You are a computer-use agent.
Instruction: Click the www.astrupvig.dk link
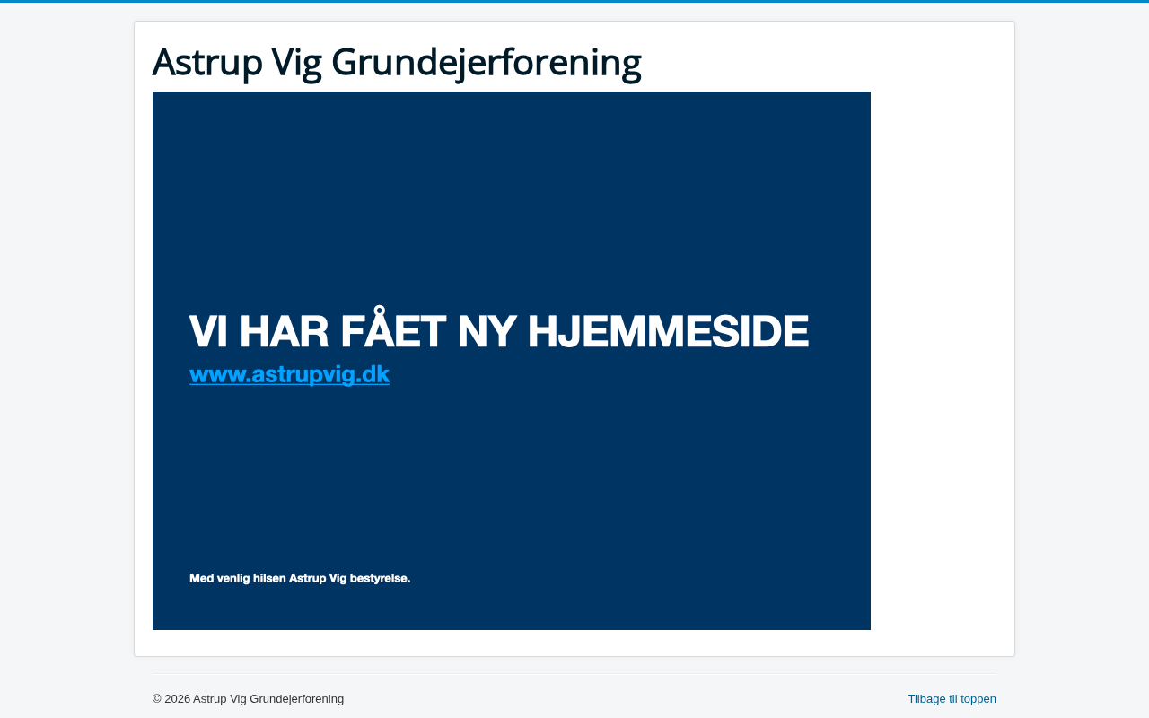point(289,374)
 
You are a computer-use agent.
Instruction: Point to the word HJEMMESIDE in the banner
point(669,331)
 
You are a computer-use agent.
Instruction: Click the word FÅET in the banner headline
point(393,328)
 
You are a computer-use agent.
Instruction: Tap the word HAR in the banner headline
point(285,331)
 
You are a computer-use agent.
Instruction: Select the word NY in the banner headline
point(487,331)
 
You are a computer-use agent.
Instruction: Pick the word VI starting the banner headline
point(208,331)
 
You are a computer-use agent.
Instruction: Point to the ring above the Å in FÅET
point(379,311)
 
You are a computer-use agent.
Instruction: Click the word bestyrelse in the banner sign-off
point(380,579)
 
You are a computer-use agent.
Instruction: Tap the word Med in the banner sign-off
point(202,579)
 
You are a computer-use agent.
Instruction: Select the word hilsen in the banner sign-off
point(269,579)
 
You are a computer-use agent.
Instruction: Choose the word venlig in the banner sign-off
point(233,579)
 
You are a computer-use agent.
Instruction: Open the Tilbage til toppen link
point(952,699)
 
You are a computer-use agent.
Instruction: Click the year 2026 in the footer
point(177,699)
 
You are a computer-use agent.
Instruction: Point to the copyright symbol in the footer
point(157,699)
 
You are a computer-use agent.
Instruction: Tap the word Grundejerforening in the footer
point(296,699)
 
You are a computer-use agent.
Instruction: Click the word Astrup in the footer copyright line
point(210,699)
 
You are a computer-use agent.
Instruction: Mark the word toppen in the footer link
point(978,700)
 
